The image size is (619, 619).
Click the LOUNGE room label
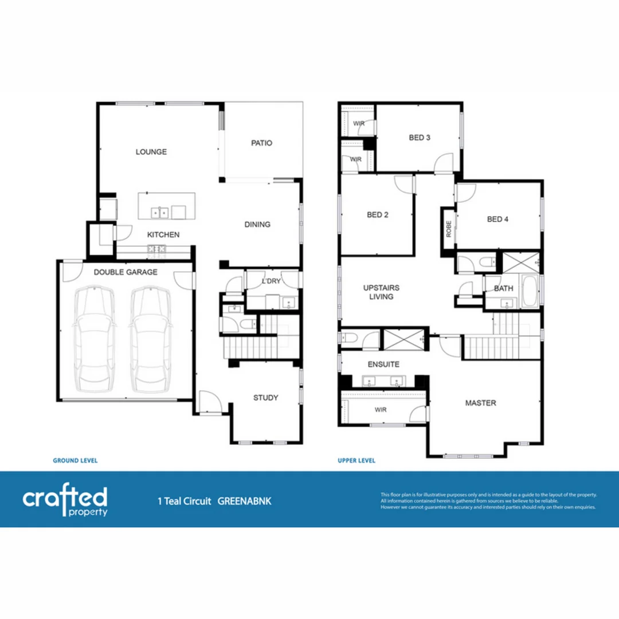pos(151,152)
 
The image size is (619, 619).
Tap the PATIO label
pos(261,143)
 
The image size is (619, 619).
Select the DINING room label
pos(257,225)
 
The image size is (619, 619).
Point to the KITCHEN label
pos(163,235)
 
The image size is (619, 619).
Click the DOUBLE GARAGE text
pos(126,272)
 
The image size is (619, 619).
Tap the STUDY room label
pos(266,398)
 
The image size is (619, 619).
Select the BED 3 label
pos(420,138)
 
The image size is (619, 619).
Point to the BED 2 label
pos(378,215)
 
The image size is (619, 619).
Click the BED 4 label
pos(497,219)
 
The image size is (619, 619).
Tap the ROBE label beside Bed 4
pos(448,229)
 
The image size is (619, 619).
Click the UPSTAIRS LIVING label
pos(381,292)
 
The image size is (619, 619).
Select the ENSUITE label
pos(383,364)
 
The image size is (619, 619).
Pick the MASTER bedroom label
pos(480,403)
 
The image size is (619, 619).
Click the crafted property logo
pos(65,501)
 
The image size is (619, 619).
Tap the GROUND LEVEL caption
pos(75,460)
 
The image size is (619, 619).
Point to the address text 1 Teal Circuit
pos(184,501)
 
